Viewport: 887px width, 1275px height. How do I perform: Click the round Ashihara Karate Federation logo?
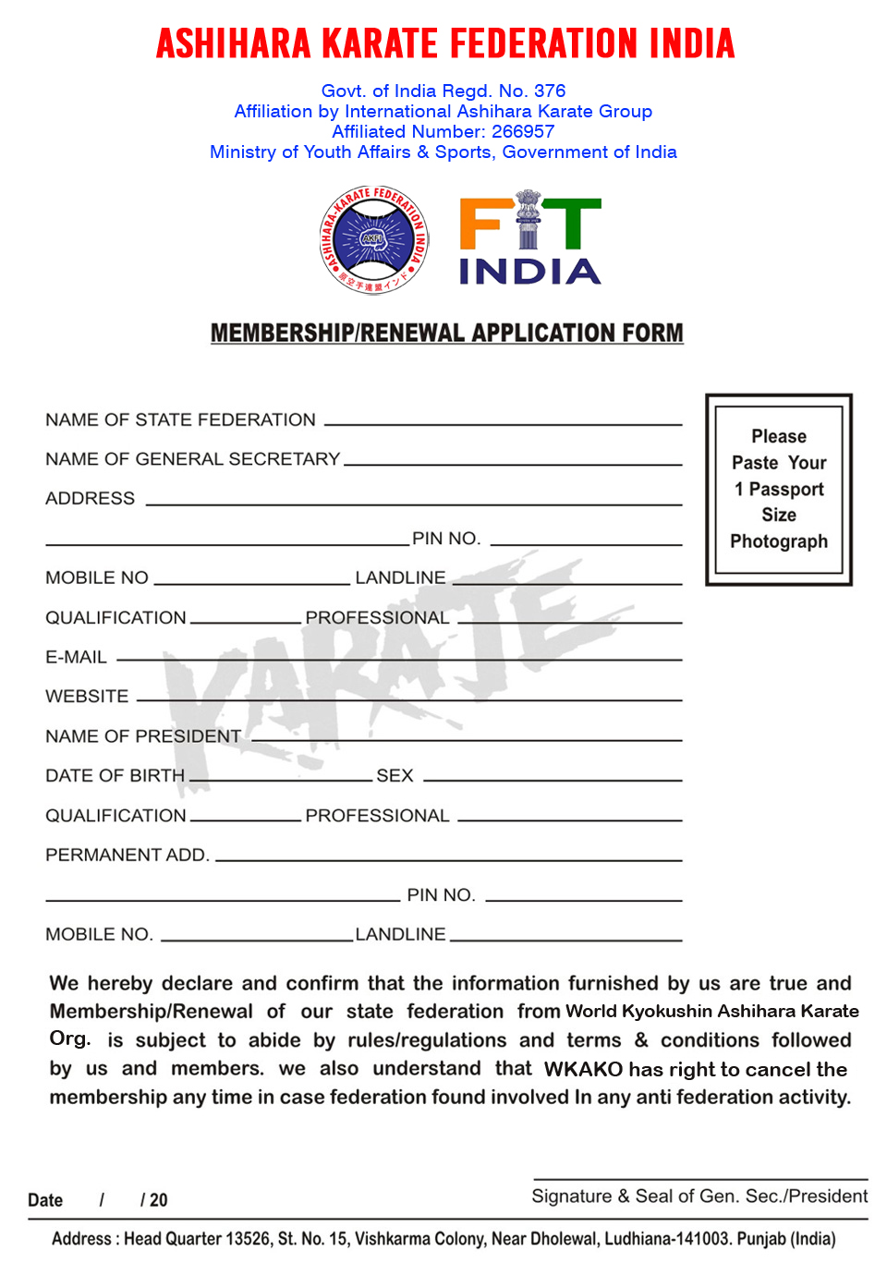(x=374, y=240)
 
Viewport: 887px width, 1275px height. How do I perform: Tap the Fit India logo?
(x=530, y=240)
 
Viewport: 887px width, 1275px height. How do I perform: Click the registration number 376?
(x=550, y=91)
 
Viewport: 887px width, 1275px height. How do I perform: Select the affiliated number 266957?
(x=523, y=131)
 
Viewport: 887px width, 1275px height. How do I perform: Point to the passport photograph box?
(x=779, y=490)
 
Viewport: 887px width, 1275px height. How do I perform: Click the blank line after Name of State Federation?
(x=504, y=422)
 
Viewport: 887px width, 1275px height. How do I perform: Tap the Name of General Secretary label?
(x=192, y=459)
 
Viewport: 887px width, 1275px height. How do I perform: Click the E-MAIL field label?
(x=76, y=657)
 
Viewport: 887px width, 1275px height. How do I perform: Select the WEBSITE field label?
(x=87, y=697)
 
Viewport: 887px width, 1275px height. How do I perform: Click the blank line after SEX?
(x=553, y=778)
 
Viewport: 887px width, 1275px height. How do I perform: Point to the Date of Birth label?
(x=115, y=776)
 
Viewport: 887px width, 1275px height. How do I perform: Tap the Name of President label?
(x=143, y=736)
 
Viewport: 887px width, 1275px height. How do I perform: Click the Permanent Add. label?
(x=128, y=856)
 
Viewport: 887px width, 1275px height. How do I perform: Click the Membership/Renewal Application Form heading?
(x=447, y=333)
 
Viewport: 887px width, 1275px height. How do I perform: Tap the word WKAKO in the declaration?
(x=583, y=1069)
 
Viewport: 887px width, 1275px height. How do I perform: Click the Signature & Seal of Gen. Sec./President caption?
(x=699, y=1196)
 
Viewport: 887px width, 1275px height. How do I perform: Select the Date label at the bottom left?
(x=45, y=1200)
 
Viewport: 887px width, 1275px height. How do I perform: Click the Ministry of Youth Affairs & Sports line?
(x=443, y=152)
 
